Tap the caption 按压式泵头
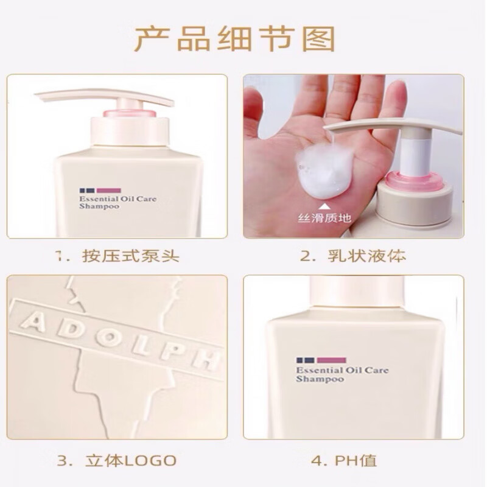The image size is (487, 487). tap(131, 256)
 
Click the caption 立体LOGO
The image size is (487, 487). tap(131, 459)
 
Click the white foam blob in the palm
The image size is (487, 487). tap(321, 169)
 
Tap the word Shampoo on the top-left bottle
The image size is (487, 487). tap(98, 207)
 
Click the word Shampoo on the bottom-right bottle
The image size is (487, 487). tap(319, 379)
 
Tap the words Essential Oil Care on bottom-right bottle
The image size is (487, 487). tap(342, 370)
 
